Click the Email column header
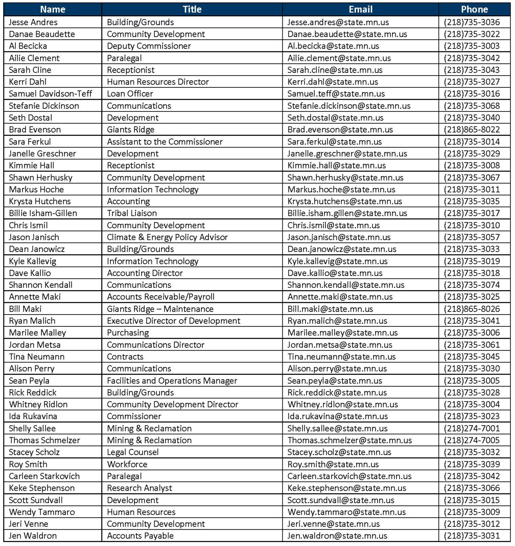pos(360,9)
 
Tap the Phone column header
pos(474,9)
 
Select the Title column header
pos(192,9)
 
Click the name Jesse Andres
pos(33,22)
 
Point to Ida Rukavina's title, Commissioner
pos(134,416)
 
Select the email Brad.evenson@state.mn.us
pos(340,130)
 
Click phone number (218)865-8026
pos(472,309)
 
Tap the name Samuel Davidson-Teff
pos(50,94)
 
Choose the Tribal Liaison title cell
pos(132,213)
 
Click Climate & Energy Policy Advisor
pos(167,237)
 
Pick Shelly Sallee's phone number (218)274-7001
pos(472,429)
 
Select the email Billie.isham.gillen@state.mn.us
pos(347,213)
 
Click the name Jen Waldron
pos(33,536)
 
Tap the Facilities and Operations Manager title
pos(172,381)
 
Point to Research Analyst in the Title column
pos(139,488)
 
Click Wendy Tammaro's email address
pos(347,512)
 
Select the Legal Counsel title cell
pos(133,452)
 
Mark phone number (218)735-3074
pos(472,285)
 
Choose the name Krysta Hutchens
pos(40,201)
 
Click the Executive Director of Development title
pos(173,321)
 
